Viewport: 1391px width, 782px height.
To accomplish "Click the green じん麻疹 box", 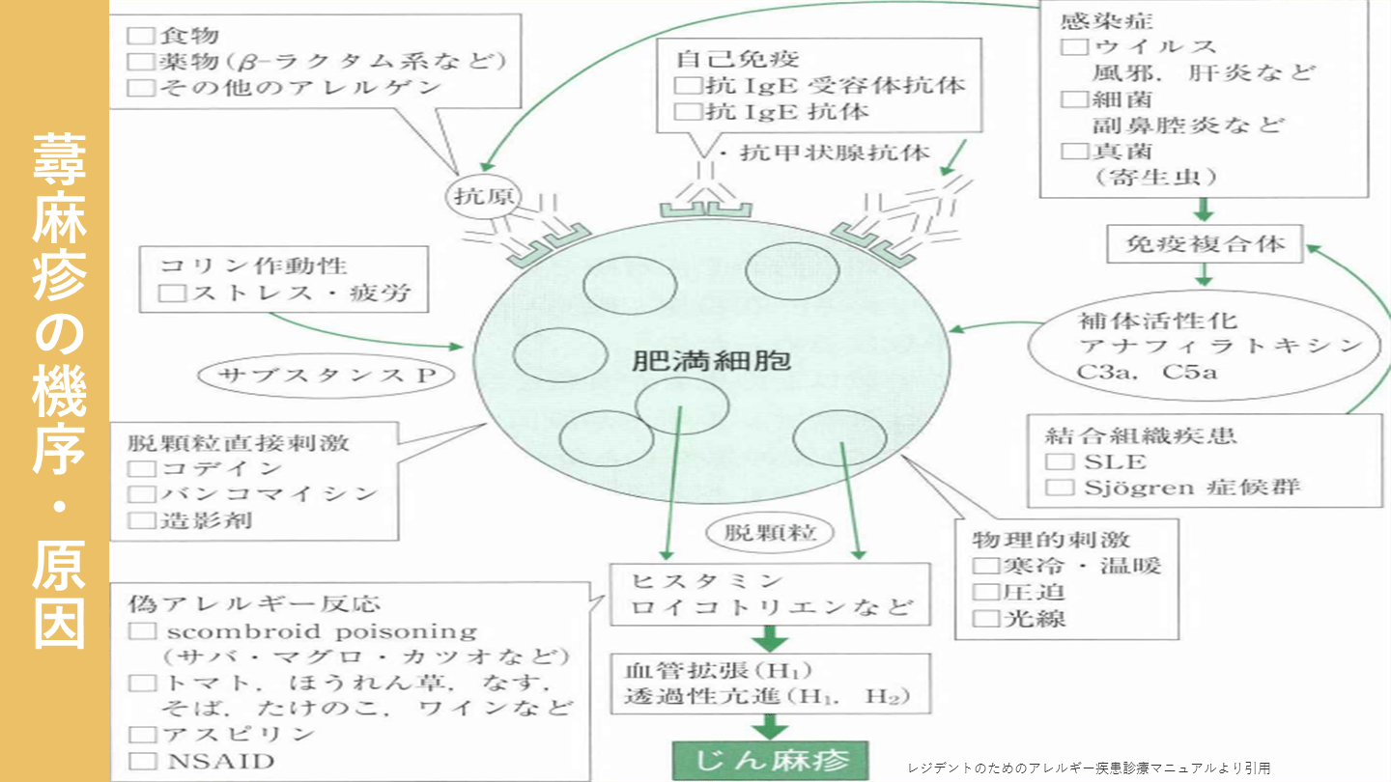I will (x=770, y=761).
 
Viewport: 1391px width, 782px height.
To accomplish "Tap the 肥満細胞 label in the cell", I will (x=711, y=363).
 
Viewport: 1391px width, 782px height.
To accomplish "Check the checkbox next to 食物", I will (x=142, y=37).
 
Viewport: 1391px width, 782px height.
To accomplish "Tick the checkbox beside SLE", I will (x=1060, y=461).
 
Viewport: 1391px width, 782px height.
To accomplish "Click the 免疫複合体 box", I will (x=1204, y=242).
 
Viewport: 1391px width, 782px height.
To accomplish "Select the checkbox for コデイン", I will (x=142, y=469).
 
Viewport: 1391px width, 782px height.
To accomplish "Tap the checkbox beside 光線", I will (x=984, y=617).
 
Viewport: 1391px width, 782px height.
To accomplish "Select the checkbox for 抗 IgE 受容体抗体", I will (x=687, y=85).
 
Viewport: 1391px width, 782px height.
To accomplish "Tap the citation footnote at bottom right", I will (x=1089, y=768).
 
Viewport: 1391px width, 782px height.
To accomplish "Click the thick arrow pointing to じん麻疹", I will (x=770, y=726).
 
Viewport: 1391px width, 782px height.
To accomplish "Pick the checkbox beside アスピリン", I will (x=142, y=734).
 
